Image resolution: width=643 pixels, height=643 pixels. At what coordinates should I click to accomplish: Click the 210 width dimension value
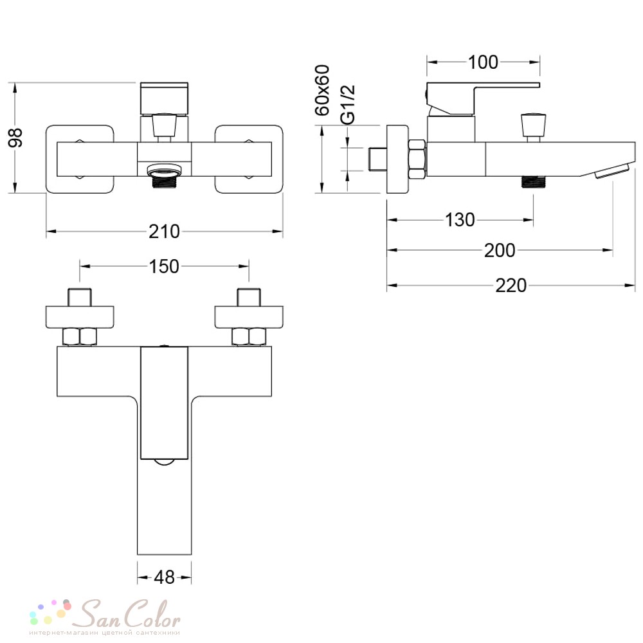pyautogui.click(x=164, y=231)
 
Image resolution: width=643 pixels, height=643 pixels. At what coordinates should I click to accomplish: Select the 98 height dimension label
pyautogui.click(x=15, y=138)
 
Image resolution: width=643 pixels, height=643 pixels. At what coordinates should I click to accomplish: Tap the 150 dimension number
pyautogui.click(x=164, y=267)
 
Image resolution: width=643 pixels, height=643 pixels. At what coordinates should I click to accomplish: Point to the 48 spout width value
pyautogui.click(x=165, y=577)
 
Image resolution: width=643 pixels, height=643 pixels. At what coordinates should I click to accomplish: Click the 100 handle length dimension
pyautogui.click(x=483, y=62)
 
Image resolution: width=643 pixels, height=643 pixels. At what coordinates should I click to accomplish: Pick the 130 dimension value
pyautogui.click(x=460, y=220)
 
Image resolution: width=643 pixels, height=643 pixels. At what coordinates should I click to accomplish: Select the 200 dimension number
pyautogui.click(x=500, y=250)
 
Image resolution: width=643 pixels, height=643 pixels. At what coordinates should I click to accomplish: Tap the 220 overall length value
pyautogui.click(x=511, y=285)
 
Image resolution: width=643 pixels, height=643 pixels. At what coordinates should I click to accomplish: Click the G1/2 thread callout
pyautogui.click(x=348, y=105)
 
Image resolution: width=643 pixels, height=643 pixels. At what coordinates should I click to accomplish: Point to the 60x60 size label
pyautogui.click(x=322, y=90)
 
